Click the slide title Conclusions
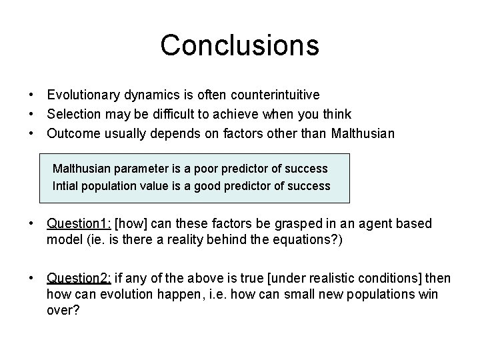(x=240, y=45)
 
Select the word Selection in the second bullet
(x=72, y=114)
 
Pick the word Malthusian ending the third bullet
(x=361, y=133)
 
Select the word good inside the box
(x=208, y=185)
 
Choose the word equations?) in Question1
(x=311, y=239)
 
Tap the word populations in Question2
(x=379, y=294)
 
